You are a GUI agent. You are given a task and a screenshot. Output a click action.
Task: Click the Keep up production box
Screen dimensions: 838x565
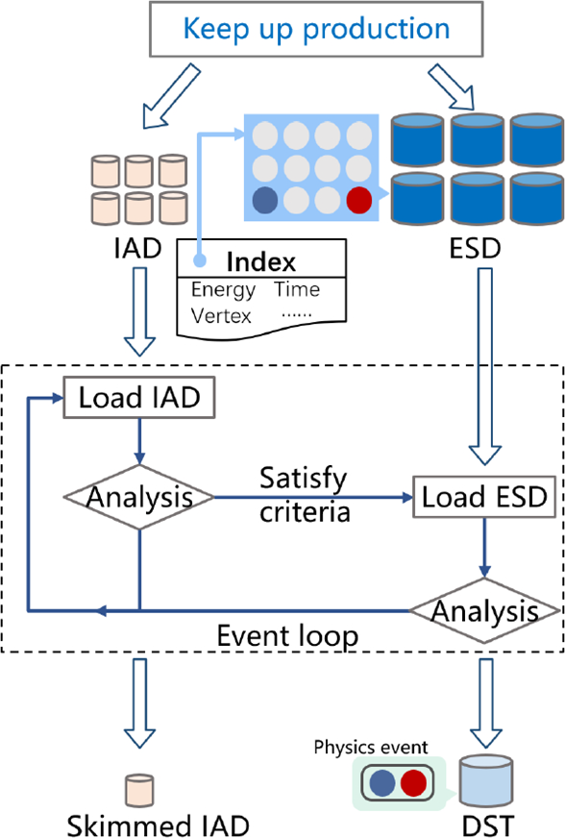pyautogui.click(x=316, y=29)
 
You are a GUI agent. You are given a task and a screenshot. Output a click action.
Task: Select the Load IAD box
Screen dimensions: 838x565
pyautogui.click(x=139, y=397)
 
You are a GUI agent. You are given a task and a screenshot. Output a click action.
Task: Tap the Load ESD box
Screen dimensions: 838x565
pyautogui.click(x=484, y=497)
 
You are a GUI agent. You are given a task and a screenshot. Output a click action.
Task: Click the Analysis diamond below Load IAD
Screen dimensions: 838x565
pyautogui.click(x=140, y=497)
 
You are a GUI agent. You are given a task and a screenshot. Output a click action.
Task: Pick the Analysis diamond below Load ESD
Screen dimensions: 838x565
pyautogui.click(x=484, y=609)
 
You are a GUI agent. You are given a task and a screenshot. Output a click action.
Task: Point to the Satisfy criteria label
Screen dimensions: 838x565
pyautogui.click(x=304, y=494)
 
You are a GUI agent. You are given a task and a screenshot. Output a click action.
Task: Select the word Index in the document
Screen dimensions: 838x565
pyautogui.click(x=260, y=262)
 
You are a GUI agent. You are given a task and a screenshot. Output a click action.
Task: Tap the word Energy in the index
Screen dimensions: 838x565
pyautogui.click(x=223, y=289)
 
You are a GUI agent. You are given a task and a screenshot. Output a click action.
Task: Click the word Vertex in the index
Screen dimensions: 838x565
pyautogui.click(x=222, y=314)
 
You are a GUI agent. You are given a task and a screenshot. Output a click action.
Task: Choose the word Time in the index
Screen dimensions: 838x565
pyautogui.click(x=297, y=289)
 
